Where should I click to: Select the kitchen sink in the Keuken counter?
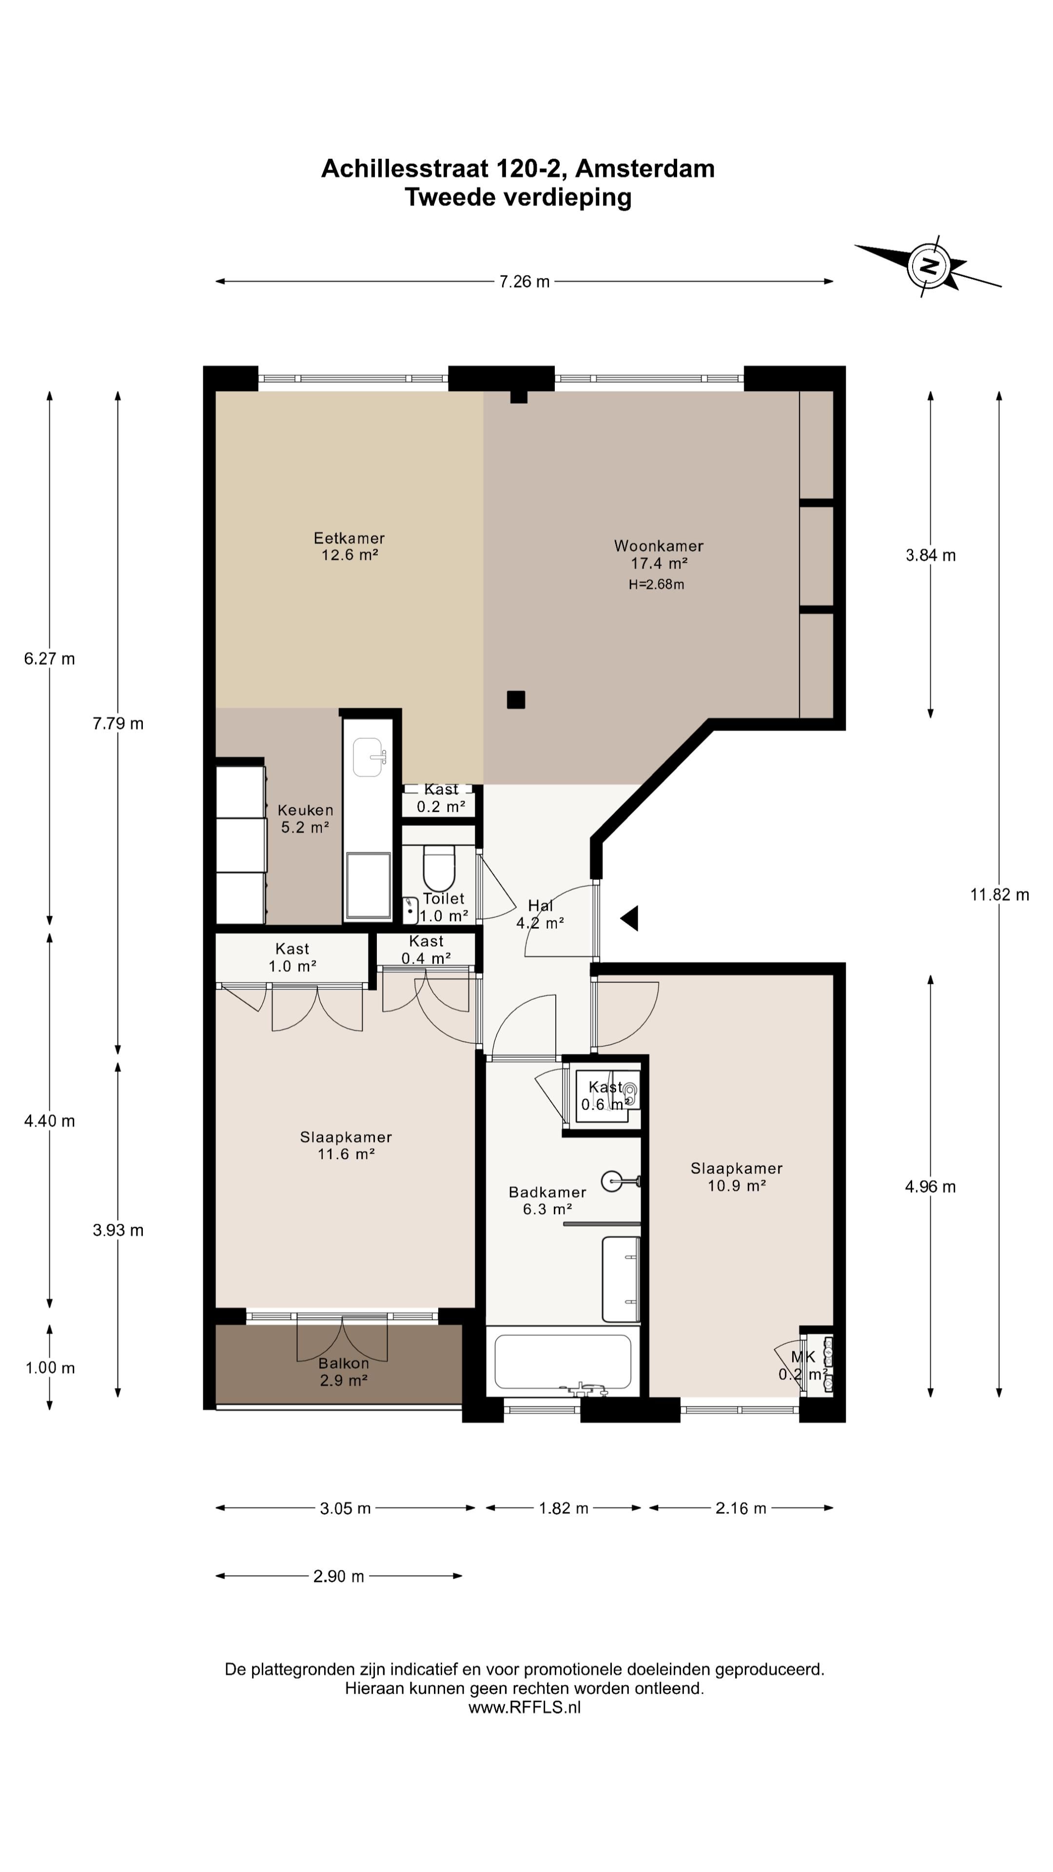pyautogui.click(x=369, y=757)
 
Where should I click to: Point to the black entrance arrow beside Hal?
pyautogui.click(x=630, y=918)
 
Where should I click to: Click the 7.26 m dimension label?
pyautogui.click(x=524, y=281)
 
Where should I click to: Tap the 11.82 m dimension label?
pyautogui.click(x=999, y=895)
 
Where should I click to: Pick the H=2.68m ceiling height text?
pyautogui.click(x=656, y=585)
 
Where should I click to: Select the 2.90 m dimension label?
pyautogui.click(x=339, y=1576)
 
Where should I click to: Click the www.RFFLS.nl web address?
pyautogui.click(x=525, y=1708)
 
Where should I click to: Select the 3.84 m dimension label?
pyautogui.click(x=930, y=555)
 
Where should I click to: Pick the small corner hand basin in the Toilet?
pyautogui.click(x=410, y=908)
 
